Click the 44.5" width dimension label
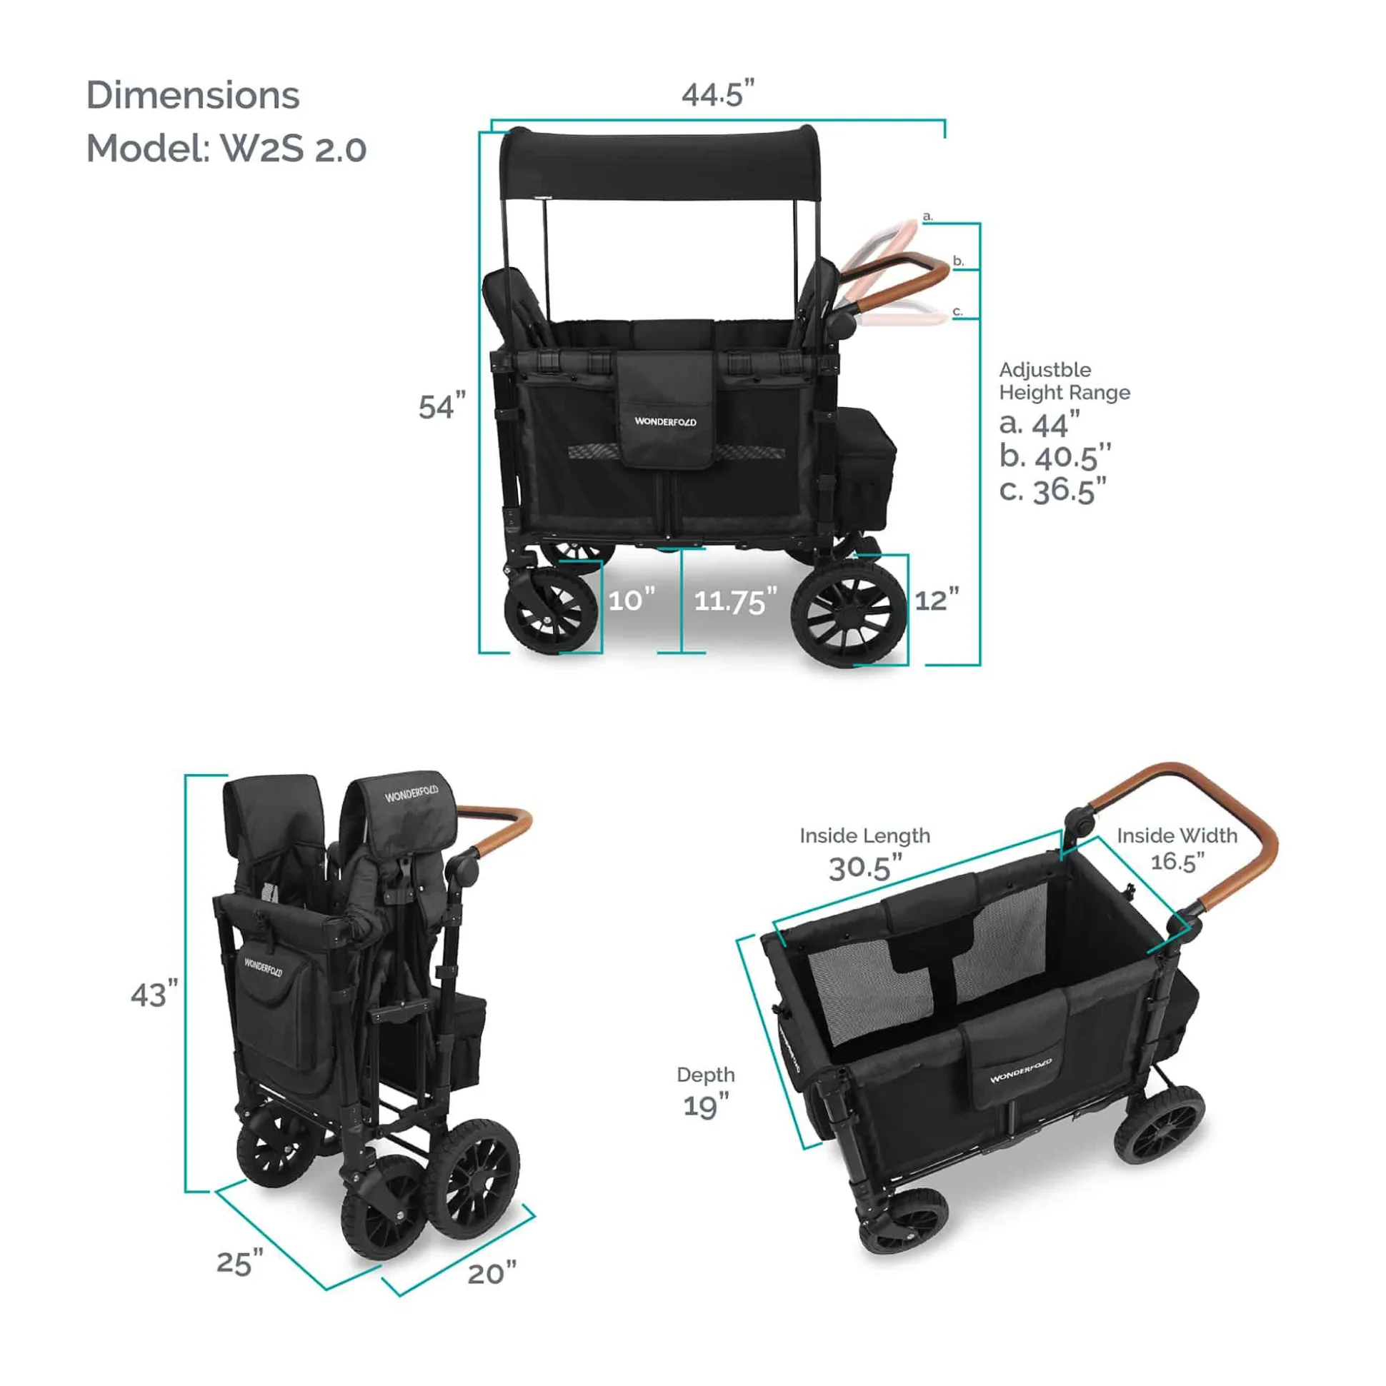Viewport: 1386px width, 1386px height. tap(718, 94)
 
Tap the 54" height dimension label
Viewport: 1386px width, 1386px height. tap(442, 406)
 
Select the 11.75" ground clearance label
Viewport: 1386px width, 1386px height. tap(735, 601)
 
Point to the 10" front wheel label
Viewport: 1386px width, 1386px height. tap(632, 600)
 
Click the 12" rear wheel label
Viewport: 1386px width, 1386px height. tap(937, 600)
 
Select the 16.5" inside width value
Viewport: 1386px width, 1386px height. tap(1177, 861)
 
